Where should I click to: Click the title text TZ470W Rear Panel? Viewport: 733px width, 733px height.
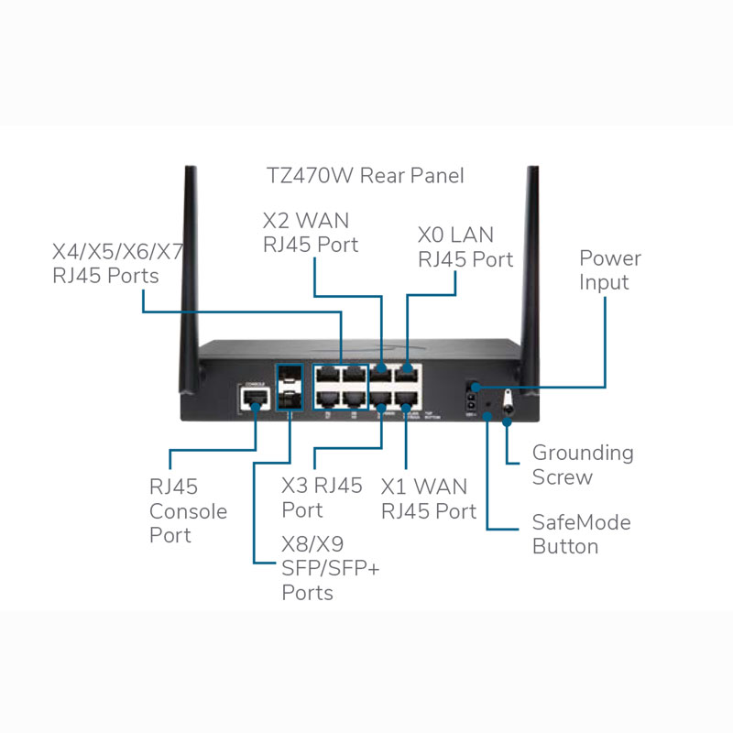pos(365,175)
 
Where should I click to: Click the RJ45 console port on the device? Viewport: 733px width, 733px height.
pos(251,399)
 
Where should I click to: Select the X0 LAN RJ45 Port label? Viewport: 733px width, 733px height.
pos(465,246)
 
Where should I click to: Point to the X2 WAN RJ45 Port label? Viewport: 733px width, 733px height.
pos(310,233)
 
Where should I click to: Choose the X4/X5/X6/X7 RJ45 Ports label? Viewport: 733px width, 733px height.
pos(117,263)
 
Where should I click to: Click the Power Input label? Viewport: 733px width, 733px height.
pos(609,270)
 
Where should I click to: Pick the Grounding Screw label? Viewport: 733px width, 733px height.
pos(583,465)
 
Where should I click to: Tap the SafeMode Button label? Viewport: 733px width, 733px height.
pos(581,534)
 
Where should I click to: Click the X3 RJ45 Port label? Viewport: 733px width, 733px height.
pos(322,498)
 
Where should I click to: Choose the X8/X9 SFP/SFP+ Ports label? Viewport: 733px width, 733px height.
pos(330,569)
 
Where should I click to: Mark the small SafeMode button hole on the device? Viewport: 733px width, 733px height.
pos(488,400)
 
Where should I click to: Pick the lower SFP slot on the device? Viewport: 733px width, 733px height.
pos(290,399)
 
